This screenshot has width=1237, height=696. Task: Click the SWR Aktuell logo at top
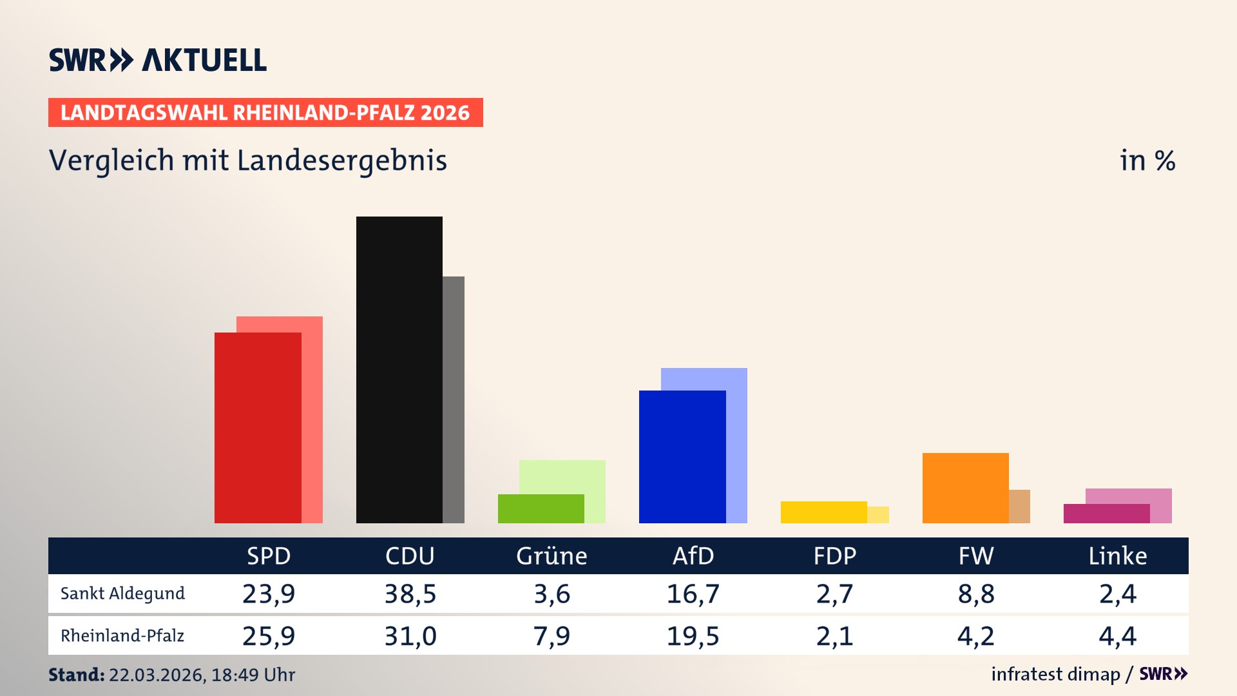(157, 60)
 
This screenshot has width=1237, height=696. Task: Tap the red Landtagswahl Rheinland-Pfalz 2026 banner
(265, 113)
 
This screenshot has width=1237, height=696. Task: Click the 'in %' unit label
(1147, 161)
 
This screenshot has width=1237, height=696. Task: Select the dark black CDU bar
(399, 369)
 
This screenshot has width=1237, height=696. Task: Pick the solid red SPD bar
(257, 427)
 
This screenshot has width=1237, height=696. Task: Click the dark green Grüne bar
(540, 508)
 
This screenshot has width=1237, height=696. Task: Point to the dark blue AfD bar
(682, 456)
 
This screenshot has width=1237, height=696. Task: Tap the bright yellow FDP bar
(823, 512)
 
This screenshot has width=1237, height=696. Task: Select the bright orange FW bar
(964, 488)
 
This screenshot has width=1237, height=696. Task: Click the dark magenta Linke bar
(1106, 514)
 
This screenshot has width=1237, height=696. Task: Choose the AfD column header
(693, 556)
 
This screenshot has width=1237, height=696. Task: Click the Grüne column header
(551, 556)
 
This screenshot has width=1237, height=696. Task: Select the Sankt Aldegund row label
(122, 594)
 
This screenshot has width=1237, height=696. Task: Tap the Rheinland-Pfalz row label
(122, 636)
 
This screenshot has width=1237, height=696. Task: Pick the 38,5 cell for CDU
(410, 594)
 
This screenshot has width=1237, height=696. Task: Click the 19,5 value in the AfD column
(693, 636)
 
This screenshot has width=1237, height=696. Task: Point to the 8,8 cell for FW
(976, 594)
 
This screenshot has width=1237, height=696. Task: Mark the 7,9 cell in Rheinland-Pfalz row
(551, 636)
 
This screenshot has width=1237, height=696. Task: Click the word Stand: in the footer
(76, 675)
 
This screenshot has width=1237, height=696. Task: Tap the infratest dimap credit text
(1055, 674)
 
